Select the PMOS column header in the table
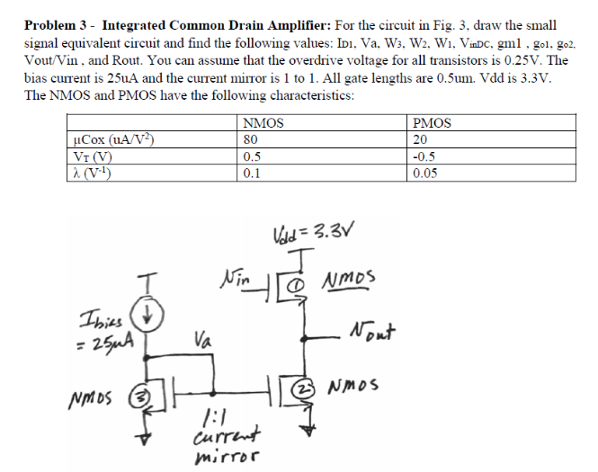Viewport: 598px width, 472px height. click(431, 123)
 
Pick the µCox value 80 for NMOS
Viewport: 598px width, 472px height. click(251, 139)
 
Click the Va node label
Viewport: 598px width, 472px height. click(204, 341)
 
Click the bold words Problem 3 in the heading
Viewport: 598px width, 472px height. click(59, 24)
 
